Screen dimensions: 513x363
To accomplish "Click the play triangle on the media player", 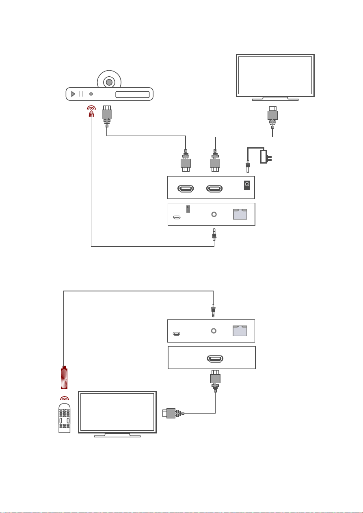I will [73, 94].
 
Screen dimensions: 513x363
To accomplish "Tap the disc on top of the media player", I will [109, 82].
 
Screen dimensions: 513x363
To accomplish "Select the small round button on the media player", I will [91, 94].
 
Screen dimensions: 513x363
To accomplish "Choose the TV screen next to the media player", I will [275, 75].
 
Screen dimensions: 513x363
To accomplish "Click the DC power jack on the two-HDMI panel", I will [246, 185].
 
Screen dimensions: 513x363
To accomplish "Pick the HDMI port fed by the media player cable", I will [186, 188].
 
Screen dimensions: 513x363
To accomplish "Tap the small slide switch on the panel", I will [188, 209].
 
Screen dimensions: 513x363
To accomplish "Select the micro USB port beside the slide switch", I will [177, 218].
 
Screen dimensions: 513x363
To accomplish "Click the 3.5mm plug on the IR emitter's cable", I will [214, 235].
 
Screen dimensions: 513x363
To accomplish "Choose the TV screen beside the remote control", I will [117, 412].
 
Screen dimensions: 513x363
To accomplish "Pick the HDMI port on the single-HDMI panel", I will [215, 359].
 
